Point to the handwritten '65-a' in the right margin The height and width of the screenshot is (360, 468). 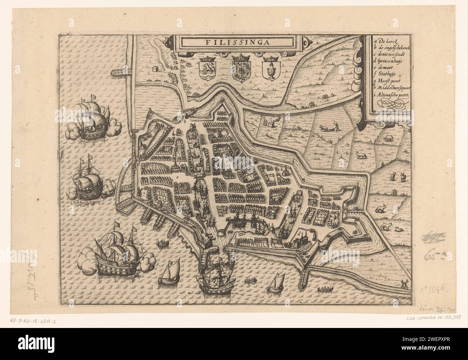pyautogui.click(x=435, y=257)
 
